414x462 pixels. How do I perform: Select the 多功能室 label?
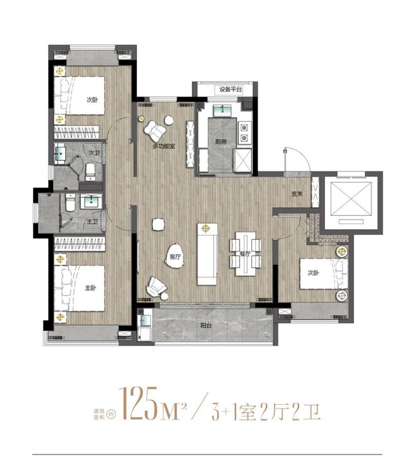click(x=163, y=146)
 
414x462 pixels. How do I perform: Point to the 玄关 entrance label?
click(x=297, y=193)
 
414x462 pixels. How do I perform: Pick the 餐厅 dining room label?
click(x=245, y=254)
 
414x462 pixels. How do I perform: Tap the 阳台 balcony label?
click(x=206, y=325)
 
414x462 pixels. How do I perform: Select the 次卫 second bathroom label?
click(x=94, y=153)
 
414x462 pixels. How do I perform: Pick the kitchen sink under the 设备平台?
click(x=224, y=112)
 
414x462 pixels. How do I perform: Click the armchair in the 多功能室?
click(x=155, y=130)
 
